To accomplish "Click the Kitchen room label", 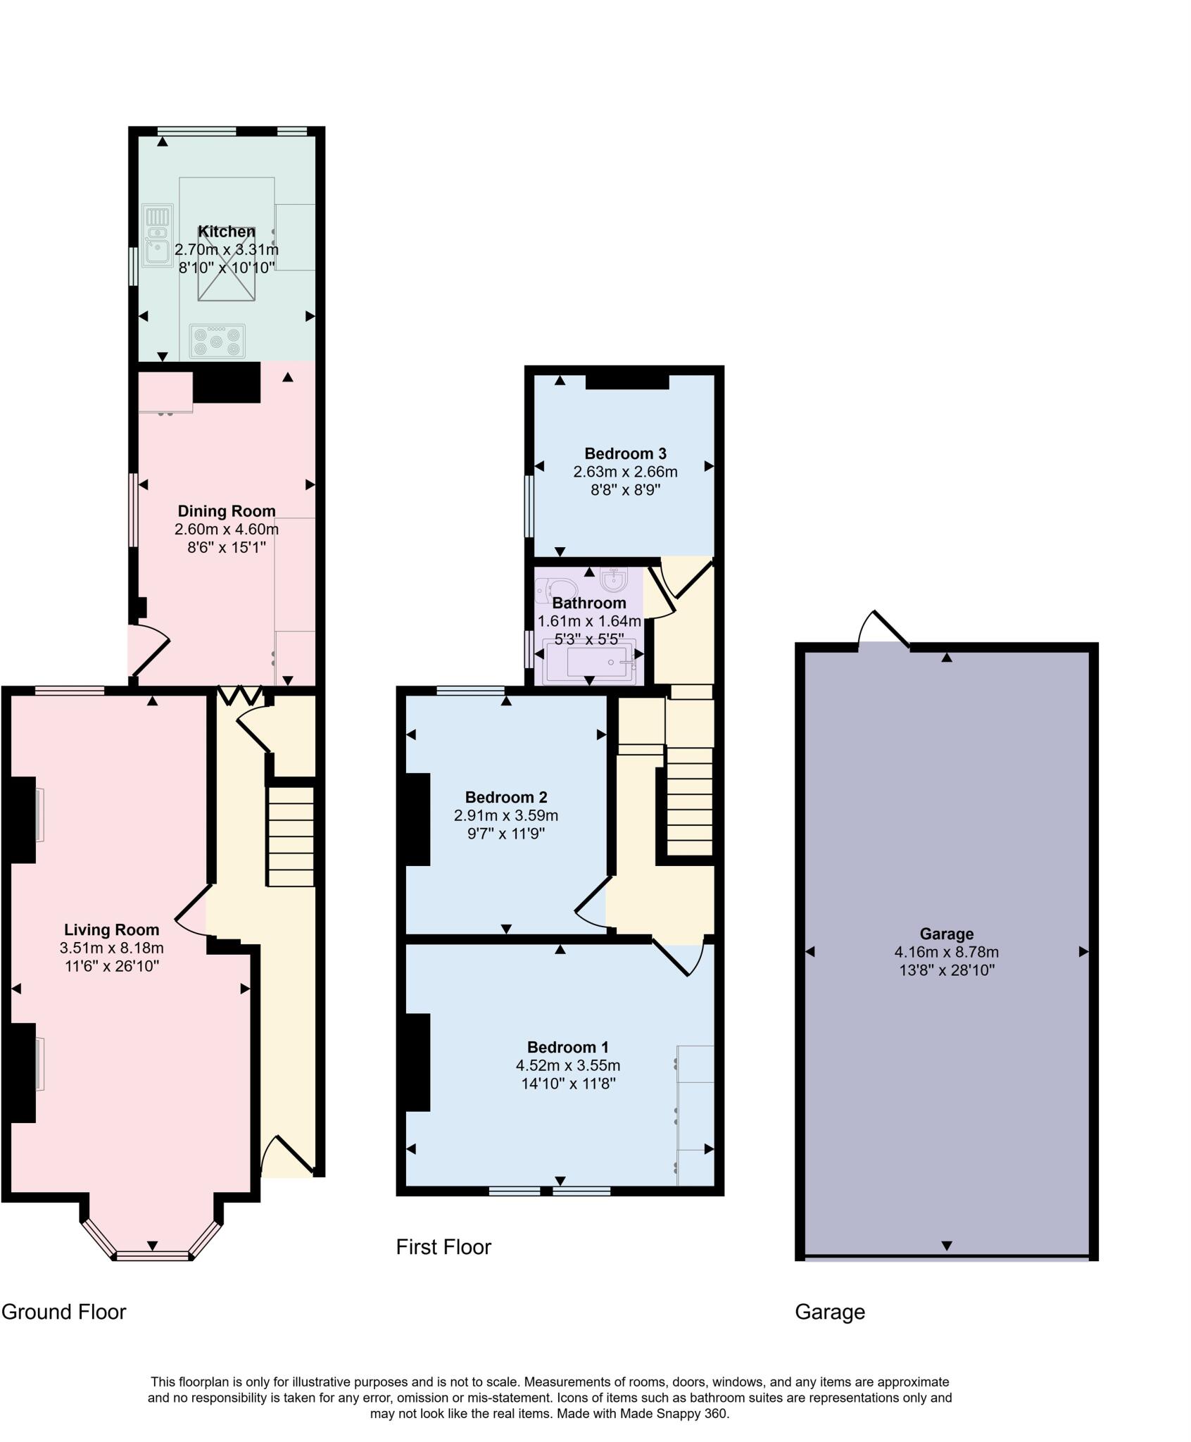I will click(226, 232).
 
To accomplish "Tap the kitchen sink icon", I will click(157, 236).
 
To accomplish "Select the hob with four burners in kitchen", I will click(218, 341).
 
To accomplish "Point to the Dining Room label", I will click(226, 511).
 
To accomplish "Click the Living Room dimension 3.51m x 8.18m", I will click(111, 948).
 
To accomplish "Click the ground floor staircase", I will click(290, 836).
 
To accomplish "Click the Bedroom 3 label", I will click(625, 453).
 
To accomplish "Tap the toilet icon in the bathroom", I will click(555, 589).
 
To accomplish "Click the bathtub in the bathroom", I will click(590, 662).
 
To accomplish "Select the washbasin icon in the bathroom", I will click(614, 579).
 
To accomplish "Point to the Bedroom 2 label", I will click(505, 797).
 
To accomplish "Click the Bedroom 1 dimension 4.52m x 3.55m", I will click(567, 1065).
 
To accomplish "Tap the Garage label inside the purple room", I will click(946, 934).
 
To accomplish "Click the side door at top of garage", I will click(884, 629).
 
